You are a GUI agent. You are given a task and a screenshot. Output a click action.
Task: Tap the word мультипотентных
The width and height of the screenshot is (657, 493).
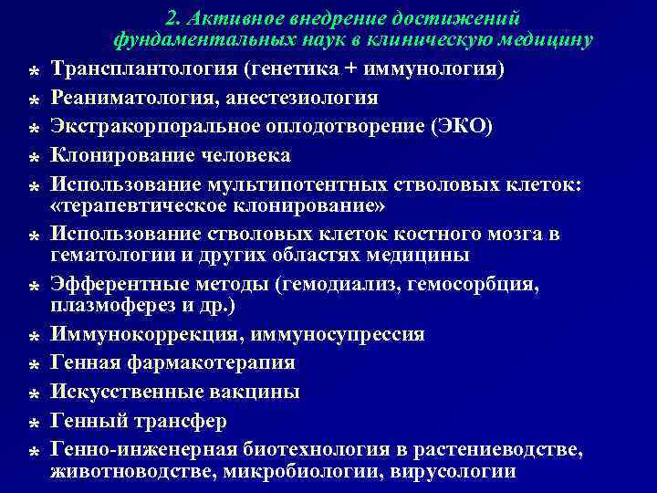point(297,184)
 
